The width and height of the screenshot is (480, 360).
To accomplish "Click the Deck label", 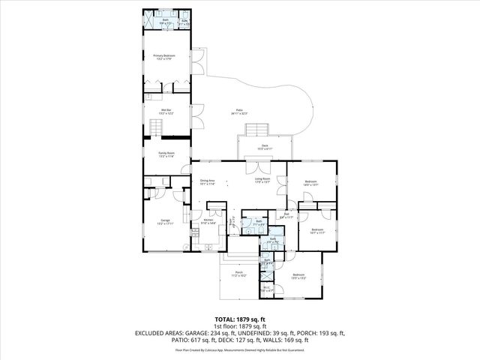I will [x=265, y=147].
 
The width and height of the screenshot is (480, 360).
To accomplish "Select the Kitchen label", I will [x=208, y=221].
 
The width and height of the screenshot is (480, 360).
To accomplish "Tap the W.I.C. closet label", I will [x=266, y=289].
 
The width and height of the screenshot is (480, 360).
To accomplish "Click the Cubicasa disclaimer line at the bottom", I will [x=239, y=349].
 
